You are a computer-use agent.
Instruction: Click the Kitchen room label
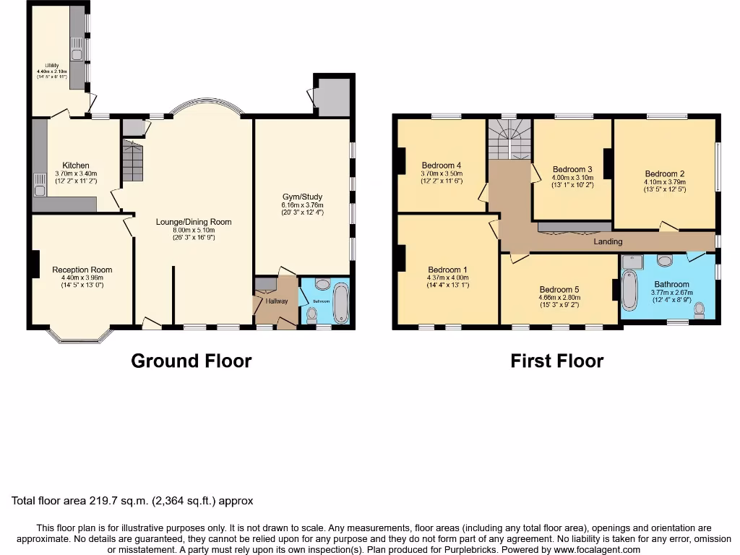point(76,165)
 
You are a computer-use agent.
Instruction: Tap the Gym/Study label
point(303,197)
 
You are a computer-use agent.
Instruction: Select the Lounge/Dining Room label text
point(194,222)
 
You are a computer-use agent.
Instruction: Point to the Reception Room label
point(82,270)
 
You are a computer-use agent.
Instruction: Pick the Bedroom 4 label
point(441,165)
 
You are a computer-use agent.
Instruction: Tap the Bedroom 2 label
point(665,174)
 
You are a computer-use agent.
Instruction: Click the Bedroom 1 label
point(447,270)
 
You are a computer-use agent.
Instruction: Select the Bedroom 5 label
point(559,289)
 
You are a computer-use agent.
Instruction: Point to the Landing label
point(608,241)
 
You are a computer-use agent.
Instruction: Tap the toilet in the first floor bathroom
point(699,310)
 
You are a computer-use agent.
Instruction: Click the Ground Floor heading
point(192,361)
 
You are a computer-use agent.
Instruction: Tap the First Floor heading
point(556,361)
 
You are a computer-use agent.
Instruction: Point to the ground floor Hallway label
point(276,301)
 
